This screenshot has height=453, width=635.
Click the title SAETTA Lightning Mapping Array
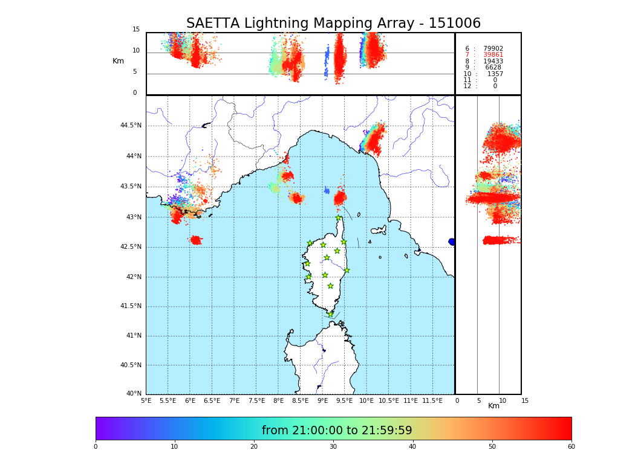click(333, 24)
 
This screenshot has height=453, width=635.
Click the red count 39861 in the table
click(493, 55)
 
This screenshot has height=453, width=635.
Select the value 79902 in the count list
click(493, 49)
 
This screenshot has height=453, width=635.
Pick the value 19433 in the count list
click(493, 62)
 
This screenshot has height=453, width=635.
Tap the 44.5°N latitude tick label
click(131, 126)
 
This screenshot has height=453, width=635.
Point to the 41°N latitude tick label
click(132, 336)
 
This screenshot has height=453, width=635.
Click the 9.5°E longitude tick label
click(345, 400)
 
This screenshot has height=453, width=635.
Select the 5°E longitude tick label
click(146, 400)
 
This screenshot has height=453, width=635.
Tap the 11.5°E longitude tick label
click(432, 400)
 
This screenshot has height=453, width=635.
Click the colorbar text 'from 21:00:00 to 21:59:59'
click(337, 431)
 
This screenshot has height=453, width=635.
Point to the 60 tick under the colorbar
click(571, 447)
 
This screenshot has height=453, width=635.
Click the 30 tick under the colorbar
click(333, 447)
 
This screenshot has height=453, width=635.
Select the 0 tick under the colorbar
click(96, 447)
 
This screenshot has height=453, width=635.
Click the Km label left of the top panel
click(118, 61)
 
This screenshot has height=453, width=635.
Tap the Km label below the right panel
click(494, 406)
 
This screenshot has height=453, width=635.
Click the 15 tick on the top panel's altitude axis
click(136, 30)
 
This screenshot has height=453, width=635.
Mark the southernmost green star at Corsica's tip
click(330, 314)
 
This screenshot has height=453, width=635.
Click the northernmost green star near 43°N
click(339, 218)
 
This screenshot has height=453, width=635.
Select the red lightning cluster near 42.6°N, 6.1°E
click(195, 240)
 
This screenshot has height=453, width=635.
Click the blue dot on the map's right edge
click(452, 242)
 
